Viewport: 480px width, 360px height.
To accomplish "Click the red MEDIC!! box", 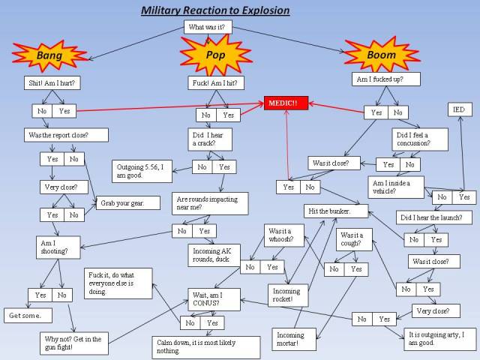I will tap(286, 103).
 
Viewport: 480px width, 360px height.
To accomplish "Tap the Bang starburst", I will tap(49, 55).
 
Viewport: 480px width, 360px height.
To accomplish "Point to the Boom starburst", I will tap(381, 55).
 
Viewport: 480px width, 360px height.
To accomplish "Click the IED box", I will tap(460, 109).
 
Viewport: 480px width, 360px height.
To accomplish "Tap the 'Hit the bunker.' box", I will tap(337, 211).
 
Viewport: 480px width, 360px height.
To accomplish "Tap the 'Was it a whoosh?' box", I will tap(284, 235).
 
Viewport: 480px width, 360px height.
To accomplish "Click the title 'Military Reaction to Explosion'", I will tap(215, 10).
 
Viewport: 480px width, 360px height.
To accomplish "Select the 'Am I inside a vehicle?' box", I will tap(396, 187).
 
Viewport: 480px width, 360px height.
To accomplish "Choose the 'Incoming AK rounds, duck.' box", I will tap(214, 254).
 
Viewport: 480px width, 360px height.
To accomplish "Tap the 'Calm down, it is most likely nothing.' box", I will tap(206, 346).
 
